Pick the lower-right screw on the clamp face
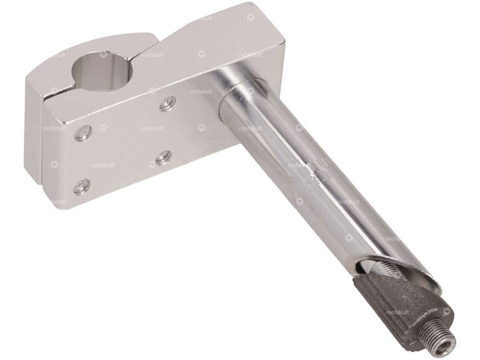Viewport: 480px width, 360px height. (x=162, y=158)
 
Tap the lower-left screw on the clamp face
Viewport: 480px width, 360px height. (x=81, y=186)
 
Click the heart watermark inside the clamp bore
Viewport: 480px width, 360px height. (x=103, y=55)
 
